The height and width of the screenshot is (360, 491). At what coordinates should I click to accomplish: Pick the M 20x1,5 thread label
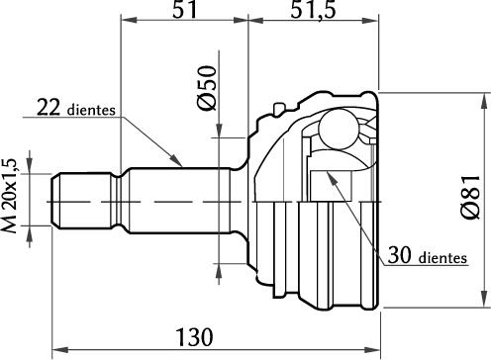coord(13,199)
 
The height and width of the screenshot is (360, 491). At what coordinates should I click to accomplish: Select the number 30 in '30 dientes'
coord(400,257)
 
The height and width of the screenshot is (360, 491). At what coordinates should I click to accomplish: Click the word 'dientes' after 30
coord(442,259)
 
